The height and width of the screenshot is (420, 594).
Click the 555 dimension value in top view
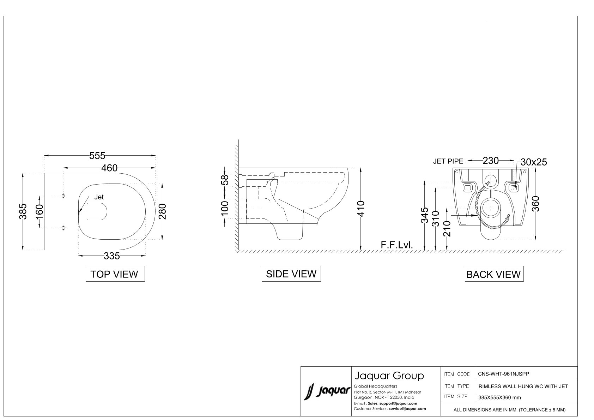pos(97,156)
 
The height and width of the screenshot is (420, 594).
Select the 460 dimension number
pos(109,168)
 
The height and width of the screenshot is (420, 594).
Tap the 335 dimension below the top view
pos(112,256)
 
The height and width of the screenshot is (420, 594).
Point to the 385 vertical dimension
pos(23,211)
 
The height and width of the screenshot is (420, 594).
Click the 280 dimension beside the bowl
pos(162,211)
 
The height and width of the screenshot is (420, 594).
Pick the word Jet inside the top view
pos(99,197)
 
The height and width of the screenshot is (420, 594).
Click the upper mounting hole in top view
pos(63,196)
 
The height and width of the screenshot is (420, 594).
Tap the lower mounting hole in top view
pos(63,228)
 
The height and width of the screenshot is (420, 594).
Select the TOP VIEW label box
pos(115,274)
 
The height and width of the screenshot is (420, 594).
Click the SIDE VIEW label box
pos(291,274)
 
